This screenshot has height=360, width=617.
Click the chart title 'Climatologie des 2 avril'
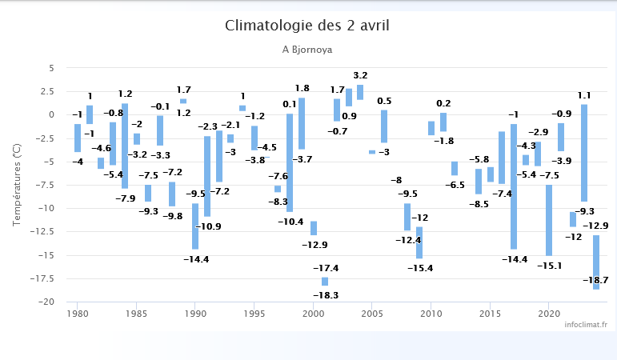click(x=307, y=26)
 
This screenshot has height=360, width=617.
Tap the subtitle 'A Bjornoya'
click(x=307, y=50)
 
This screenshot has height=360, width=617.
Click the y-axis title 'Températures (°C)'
click(x=17, y=186)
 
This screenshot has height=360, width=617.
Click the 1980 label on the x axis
click(x=78, y=314)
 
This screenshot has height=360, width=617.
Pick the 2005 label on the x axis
click(x=372, y=314)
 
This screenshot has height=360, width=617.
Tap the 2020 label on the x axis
click(x=549, y=314)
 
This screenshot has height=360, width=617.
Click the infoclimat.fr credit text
click(x=585, y=324)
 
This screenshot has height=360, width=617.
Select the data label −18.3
click(x=325, y=295)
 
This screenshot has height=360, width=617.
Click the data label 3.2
click(x=360, y=75)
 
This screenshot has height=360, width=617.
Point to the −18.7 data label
click(x=595, y=280)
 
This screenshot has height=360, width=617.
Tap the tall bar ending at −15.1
click(x=549, y=220)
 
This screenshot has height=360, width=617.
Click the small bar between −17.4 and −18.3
click(x=325, y=282)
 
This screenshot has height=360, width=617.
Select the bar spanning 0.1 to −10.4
click(x=290, y=162)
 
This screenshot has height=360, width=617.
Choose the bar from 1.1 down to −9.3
click(x=584, y=153)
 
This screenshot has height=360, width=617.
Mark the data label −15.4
click(x=419, y=268)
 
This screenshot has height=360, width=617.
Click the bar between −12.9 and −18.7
click(x=596, y=262)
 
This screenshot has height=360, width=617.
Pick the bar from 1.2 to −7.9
click(x=125, y=146)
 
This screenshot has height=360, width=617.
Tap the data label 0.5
click(x=384, y=101)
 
